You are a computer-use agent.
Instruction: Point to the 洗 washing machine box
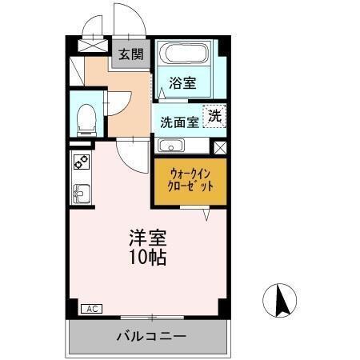215,115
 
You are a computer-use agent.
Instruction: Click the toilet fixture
85,119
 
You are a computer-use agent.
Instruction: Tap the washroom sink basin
170,146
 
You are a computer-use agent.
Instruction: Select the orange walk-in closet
190,180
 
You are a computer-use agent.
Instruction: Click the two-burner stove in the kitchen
81,162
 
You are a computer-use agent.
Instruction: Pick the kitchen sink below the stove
81,193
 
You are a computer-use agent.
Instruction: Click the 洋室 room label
150,238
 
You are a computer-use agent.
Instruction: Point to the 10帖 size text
150,258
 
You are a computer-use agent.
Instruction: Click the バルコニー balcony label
150,336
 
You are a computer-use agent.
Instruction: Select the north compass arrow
280,302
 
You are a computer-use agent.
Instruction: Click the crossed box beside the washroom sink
219,147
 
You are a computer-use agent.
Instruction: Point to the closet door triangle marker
207,214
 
